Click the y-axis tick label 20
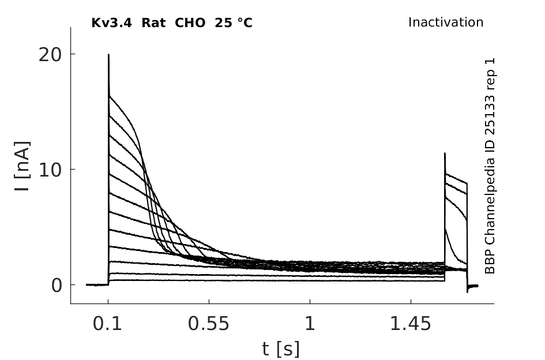[x=50, y=55]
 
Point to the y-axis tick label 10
[x=50, y=170]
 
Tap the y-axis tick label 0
[x=57, y=286]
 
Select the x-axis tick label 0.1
[x=107, y=324]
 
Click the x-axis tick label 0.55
[x=209, y=324]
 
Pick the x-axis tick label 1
[x=310, y=324]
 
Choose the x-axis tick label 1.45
[x=411, y=324]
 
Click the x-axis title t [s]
[x=280, y=349]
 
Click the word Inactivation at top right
[x=446, y=22]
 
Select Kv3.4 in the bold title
[x=111, y=23]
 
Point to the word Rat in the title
[x=153, y=23]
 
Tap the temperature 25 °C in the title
[x=234, y=23]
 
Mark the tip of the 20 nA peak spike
[x=108, y=54]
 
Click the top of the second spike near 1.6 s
[x=445, y=153]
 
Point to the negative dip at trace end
[x=467, y=291]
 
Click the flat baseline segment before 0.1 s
[x=97, y=285]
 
